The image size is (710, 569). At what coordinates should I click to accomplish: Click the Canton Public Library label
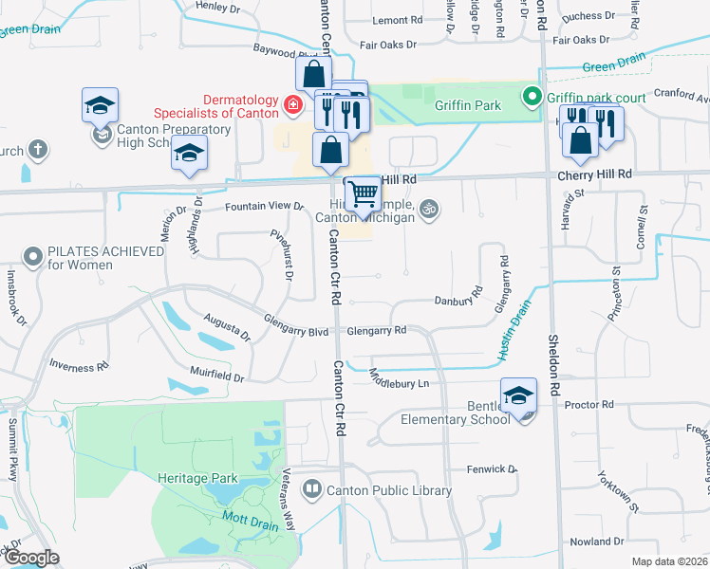[x=389, y=490]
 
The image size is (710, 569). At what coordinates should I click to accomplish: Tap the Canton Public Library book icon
[x=312, y=489]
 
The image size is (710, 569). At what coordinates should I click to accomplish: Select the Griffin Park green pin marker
[x=533, y=97]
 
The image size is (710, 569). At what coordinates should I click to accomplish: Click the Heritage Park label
[x=197, y=479]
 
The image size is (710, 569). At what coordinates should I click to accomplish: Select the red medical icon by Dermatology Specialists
[x=293, y=103]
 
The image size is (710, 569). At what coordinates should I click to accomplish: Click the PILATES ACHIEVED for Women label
[x=80, y=258]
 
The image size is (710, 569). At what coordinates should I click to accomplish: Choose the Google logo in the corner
[x=32, y=558]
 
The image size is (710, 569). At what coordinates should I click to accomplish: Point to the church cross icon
[x=37, y=149]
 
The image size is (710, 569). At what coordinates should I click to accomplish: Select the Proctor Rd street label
[x=589, y=405]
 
